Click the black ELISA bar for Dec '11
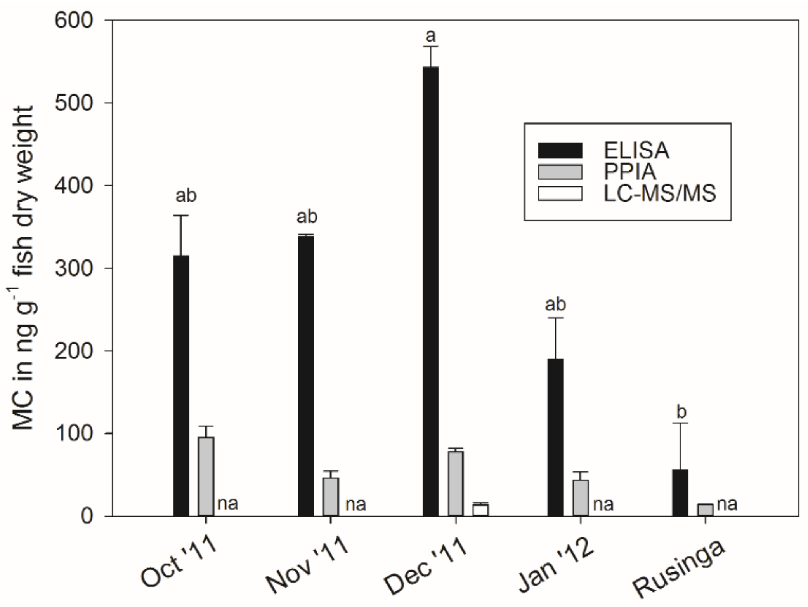click(430, 291)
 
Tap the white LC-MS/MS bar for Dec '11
click(480, 510)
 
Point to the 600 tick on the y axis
click(109, 20)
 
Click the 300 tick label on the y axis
click(74, 268)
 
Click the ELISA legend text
click(636, 151)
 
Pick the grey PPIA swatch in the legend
click(560, 172)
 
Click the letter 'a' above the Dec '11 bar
click(431, 36)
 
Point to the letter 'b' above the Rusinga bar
click(681, 411)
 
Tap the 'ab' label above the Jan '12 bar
click(555, 304)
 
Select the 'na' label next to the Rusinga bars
click(727, 504)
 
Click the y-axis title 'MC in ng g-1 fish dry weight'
click(24, 268)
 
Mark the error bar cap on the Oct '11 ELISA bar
click(181, 216)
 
